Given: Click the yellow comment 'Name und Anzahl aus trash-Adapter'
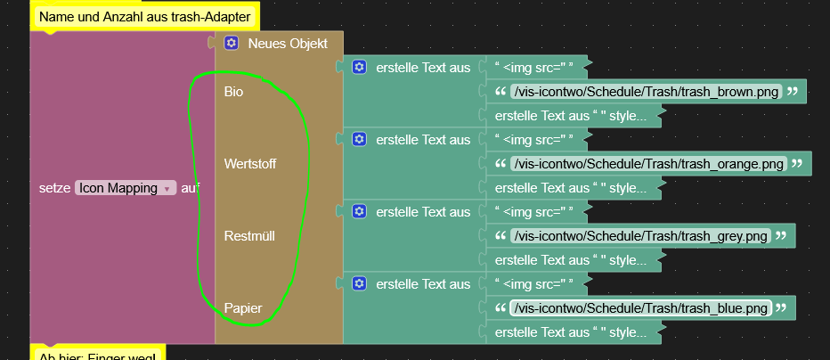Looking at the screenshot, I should (144, 16).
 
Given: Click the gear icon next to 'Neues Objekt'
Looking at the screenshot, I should (232, 43).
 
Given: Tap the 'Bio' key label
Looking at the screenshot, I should (233, 92).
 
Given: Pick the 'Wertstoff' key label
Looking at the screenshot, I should (251, 164).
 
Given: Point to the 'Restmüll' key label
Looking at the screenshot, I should (249, 236).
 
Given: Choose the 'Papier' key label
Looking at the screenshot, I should (243, 308).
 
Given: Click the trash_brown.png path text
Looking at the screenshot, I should (647, 92).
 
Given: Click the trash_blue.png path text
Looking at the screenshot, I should (640, 308).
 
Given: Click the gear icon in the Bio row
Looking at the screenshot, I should (359, 67).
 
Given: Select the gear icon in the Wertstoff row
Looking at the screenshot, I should (359, 139).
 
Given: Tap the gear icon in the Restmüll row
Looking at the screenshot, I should (359, 211).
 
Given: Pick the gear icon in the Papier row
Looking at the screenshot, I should (359, 283).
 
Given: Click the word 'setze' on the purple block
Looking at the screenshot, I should (55, 188).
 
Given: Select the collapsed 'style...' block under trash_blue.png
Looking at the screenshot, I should (570, 332).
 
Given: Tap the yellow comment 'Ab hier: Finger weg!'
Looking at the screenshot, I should (98, 355).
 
